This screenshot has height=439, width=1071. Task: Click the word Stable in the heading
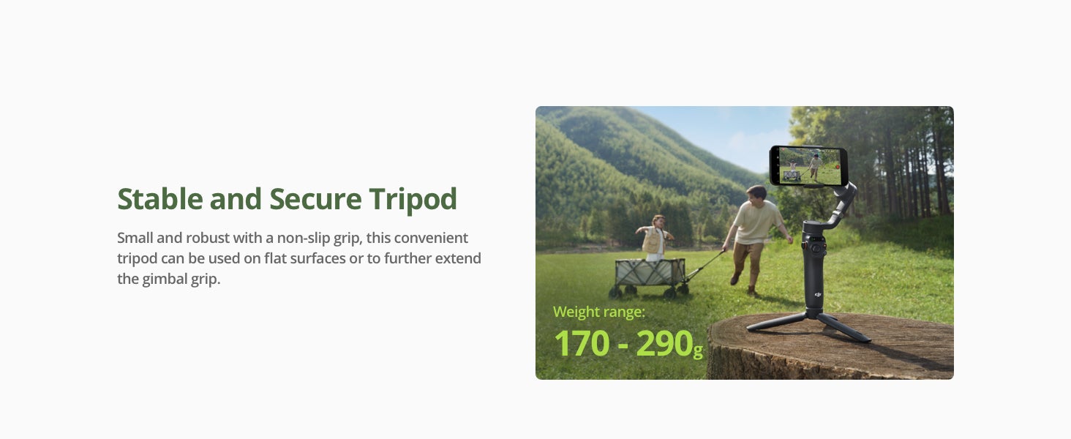coord(159,198)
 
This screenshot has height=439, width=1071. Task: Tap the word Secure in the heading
coord(315,198)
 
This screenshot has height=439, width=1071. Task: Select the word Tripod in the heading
coord(413,200)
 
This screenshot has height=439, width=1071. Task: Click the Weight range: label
coord(598,312)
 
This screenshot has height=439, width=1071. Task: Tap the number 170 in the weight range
coord(582,343)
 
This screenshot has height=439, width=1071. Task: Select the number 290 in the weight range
coord(664,343)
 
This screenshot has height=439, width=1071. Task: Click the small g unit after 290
coord(698,350)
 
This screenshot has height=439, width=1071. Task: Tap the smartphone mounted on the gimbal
coord(808,165)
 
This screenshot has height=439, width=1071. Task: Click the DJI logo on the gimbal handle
coord(818,295)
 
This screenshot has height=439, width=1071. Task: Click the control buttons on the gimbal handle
coord(814,247)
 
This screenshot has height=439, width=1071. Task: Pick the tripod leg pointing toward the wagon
coord(776,323)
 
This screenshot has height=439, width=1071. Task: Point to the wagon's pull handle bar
coord(704,266)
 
